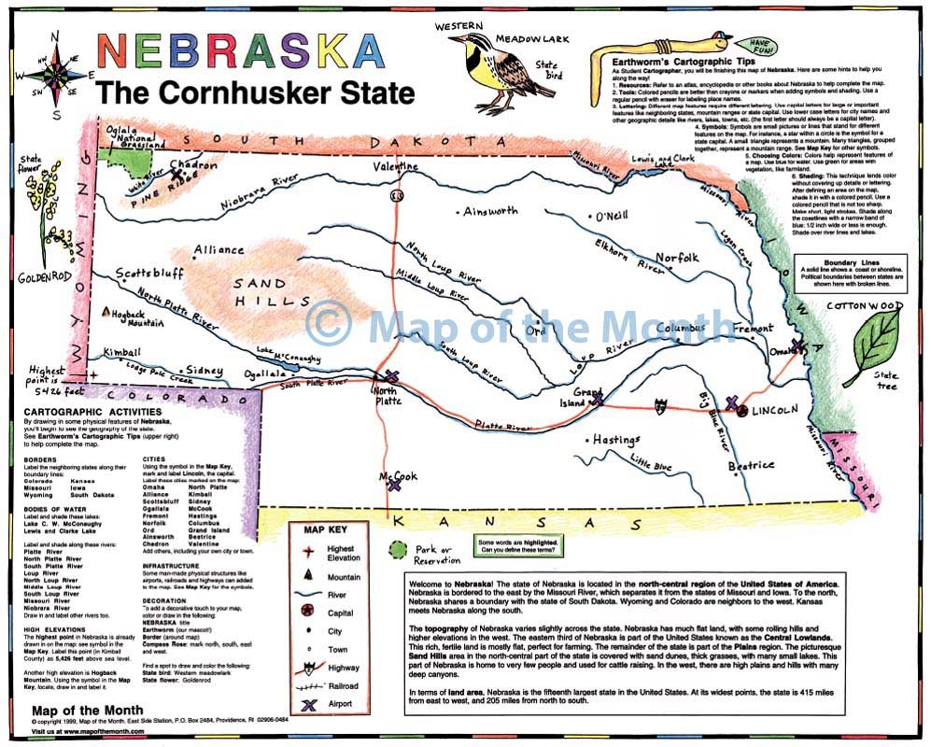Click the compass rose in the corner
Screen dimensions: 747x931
click(x=55, y=71)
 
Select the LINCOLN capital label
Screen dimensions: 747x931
click(x=774, y=410)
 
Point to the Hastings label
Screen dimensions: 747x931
click(x=614, y=440)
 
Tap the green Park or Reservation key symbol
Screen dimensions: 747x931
click(x=399, y=549)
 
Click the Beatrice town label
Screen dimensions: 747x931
click(x=751, y=464)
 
